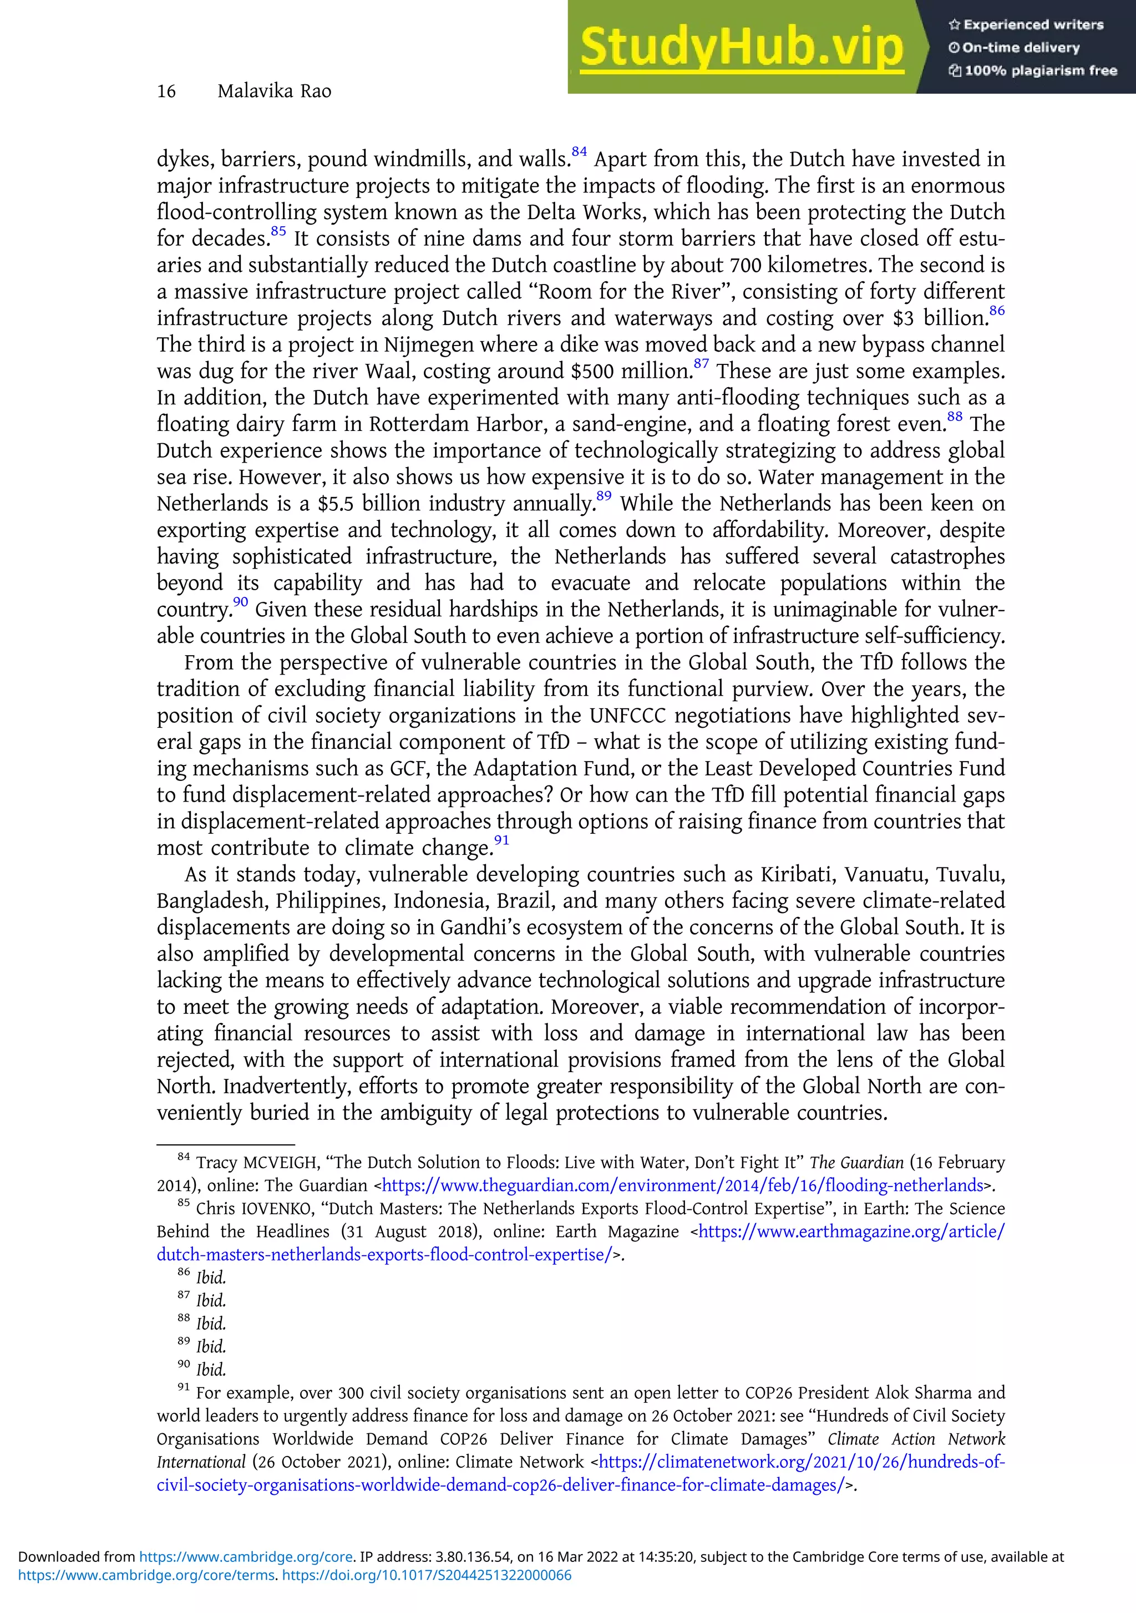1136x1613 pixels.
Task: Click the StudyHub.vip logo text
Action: click(x=741, y=48)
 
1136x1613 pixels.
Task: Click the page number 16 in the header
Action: click(x=166, y=92)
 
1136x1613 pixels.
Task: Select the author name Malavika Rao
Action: click(x=274, y=92)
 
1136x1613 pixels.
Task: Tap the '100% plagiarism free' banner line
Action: click(x=1033, y=70)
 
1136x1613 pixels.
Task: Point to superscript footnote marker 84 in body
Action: click(x=579, y=152)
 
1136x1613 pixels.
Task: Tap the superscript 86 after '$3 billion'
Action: click(x=996, y=311)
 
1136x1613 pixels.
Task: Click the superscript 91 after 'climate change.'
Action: click(x=501, y=840)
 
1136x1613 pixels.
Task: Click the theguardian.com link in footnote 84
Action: click(x=682, y=1185)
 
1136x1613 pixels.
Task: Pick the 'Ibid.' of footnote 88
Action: click(x=211, y=1323)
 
